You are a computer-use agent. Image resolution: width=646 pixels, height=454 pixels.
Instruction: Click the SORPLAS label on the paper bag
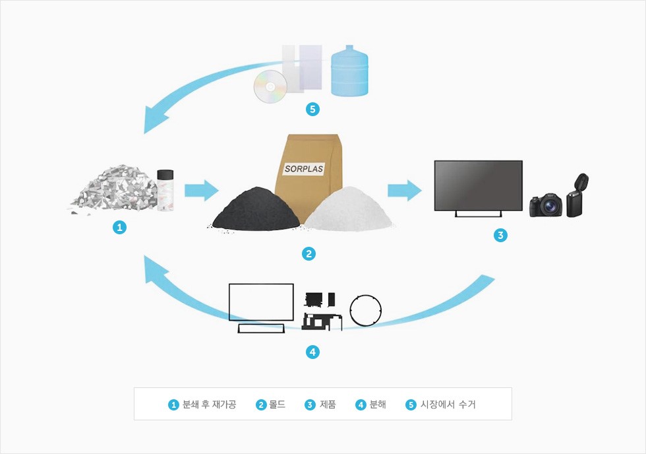[304, 168]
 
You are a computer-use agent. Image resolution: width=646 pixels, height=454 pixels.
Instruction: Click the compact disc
[270, 84]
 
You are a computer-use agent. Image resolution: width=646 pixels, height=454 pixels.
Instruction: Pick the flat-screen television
[478, 185]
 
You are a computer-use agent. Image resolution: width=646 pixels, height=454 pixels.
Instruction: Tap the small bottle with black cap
[165, 192]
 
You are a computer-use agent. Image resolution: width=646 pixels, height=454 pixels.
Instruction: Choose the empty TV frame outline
[261, 303]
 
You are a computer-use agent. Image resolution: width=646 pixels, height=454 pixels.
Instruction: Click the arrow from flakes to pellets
[201, 191]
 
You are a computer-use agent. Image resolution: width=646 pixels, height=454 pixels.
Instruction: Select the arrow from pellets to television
[404, 191]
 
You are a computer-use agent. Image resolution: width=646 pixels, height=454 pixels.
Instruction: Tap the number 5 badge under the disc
[313, 110]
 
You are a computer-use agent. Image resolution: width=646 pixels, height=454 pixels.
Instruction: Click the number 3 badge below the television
[500, 235]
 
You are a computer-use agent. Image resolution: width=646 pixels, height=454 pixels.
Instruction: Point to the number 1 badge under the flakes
[119, 228]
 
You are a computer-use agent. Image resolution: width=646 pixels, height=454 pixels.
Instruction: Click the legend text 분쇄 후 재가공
[209, 405]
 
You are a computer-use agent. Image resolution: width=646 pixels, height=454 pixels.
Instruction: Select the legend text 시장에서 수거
[448, 405]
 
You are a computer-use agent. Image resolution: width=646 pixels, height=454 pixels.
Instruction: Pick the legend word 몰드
[278, 405]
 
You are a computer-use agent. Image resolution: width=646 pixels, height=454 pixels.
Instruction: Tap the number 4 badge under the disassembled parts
[313, 352]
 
